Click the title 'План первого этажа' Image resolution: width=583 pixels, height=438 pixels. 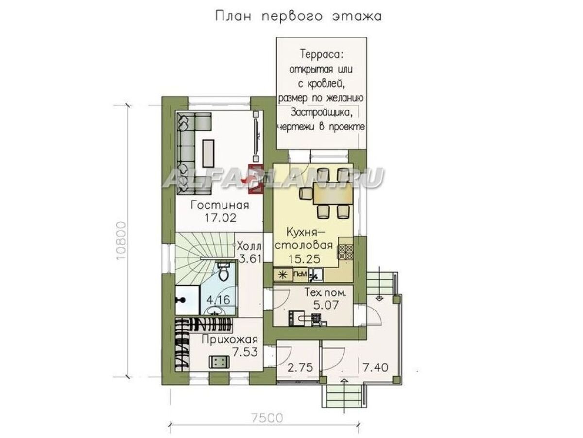click(298, 16)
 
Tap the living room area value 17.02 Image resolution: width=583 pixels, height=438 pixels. click(220, 218)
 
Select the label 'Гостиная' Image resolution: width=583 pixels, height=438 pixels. click(220, 205)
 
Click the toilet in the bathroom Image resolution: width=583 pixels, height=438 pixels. click(224, 273)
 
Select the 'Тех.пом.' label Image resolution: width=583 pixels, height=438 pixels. click(318, 293)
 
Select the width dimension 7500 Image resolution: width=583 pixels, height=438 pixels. click(267, 417)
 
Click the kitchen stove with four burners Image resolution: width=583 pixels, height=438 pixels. click(345, 251)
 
